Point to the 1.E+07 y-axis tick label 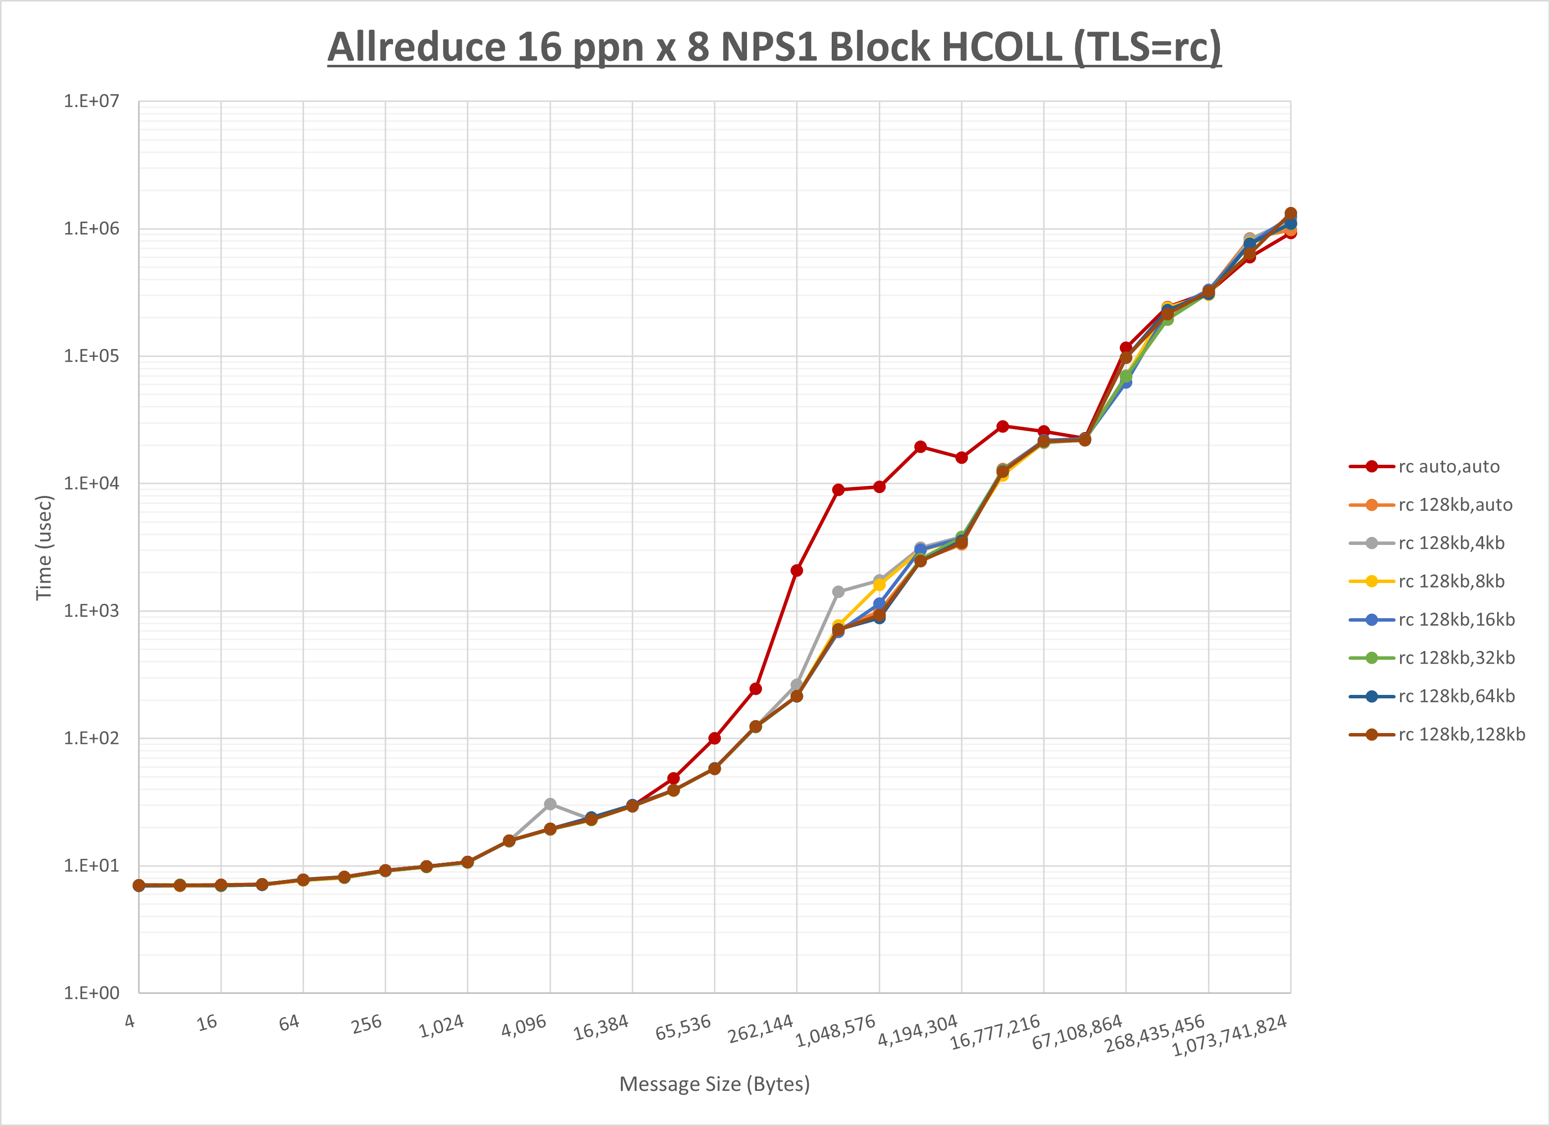point(91,101)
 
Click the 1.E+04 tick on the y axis point(91,484)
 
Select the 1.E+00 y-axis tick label point(91,993)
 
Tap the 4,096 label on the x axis point(524,1026)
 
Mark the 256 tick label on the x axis point(366,1024)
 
